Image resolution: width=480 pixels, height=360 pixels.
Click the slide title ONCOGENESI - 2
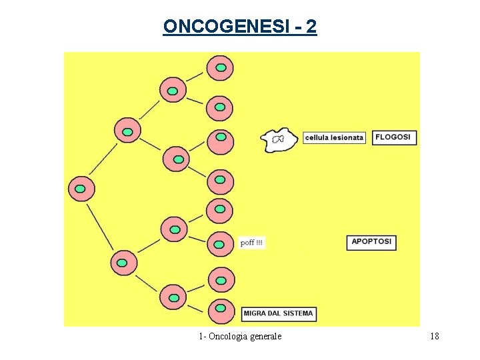point(240,27)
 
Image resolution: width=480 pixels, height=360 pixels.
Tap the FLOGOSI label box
point(394,137)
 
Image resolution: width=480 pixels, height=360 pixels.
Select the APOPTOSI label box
point(372,242)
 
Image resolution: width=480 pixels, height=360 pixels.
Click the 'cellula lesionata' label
point(335,138)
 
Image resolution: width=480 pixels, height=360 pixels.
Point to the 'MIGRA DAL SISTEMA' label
point(278,313)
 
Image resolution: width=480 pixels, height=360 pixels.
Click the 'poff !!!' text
point(252,243)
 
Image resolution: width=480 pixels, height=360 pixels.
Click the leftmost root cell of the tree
point(81,189)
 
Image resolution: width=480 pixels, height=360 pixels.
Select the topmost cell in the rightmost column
point(220,68)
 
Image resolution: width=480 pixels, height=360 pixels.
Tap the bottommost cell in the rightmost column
point(221,311)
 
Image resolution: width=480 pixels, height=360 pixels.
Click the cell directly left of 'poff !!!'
point(219,243)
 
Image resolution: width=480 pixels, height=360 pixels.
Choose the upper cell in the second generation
point(127,130)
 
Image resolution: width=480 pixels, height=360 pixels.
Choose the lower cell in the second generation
point(123,263)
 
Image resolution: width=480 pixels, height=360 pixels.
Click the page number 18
point(435,336)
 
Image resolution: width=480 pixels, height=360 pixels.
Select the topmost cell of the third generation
point(173,89)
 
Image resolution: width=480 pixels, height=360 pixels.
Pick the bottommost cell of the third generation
point(173,296)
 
